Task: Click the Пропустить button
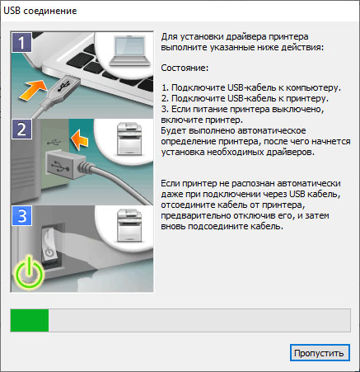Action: click(x=320, y=353)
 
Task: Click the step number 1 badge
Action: click(x=21, y=42)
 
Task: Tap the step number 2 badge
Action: click(x=21, y=129)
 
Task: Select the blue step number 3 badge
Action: click(x=21, y=216)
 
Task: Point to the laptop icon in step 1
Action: click(x=130, y=51)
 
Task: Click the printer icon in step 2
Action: click(x=129, y=139)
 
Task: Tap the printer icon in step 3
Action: click(x=129, y=225)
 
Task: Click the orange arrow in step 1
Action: click(x=33, y=90)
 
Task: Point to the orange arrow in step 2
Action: click(x=80, y=139)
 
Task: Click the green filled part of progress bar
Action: click(x=30, y=320)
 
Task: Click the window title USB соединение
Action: click(x=40, y=11)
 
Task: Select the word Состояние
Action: click(x=185, y=68)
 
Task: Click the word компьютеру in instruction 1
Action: click(x=313, y=88)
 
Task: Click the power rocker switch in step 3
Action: click(x=49, y=243)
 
